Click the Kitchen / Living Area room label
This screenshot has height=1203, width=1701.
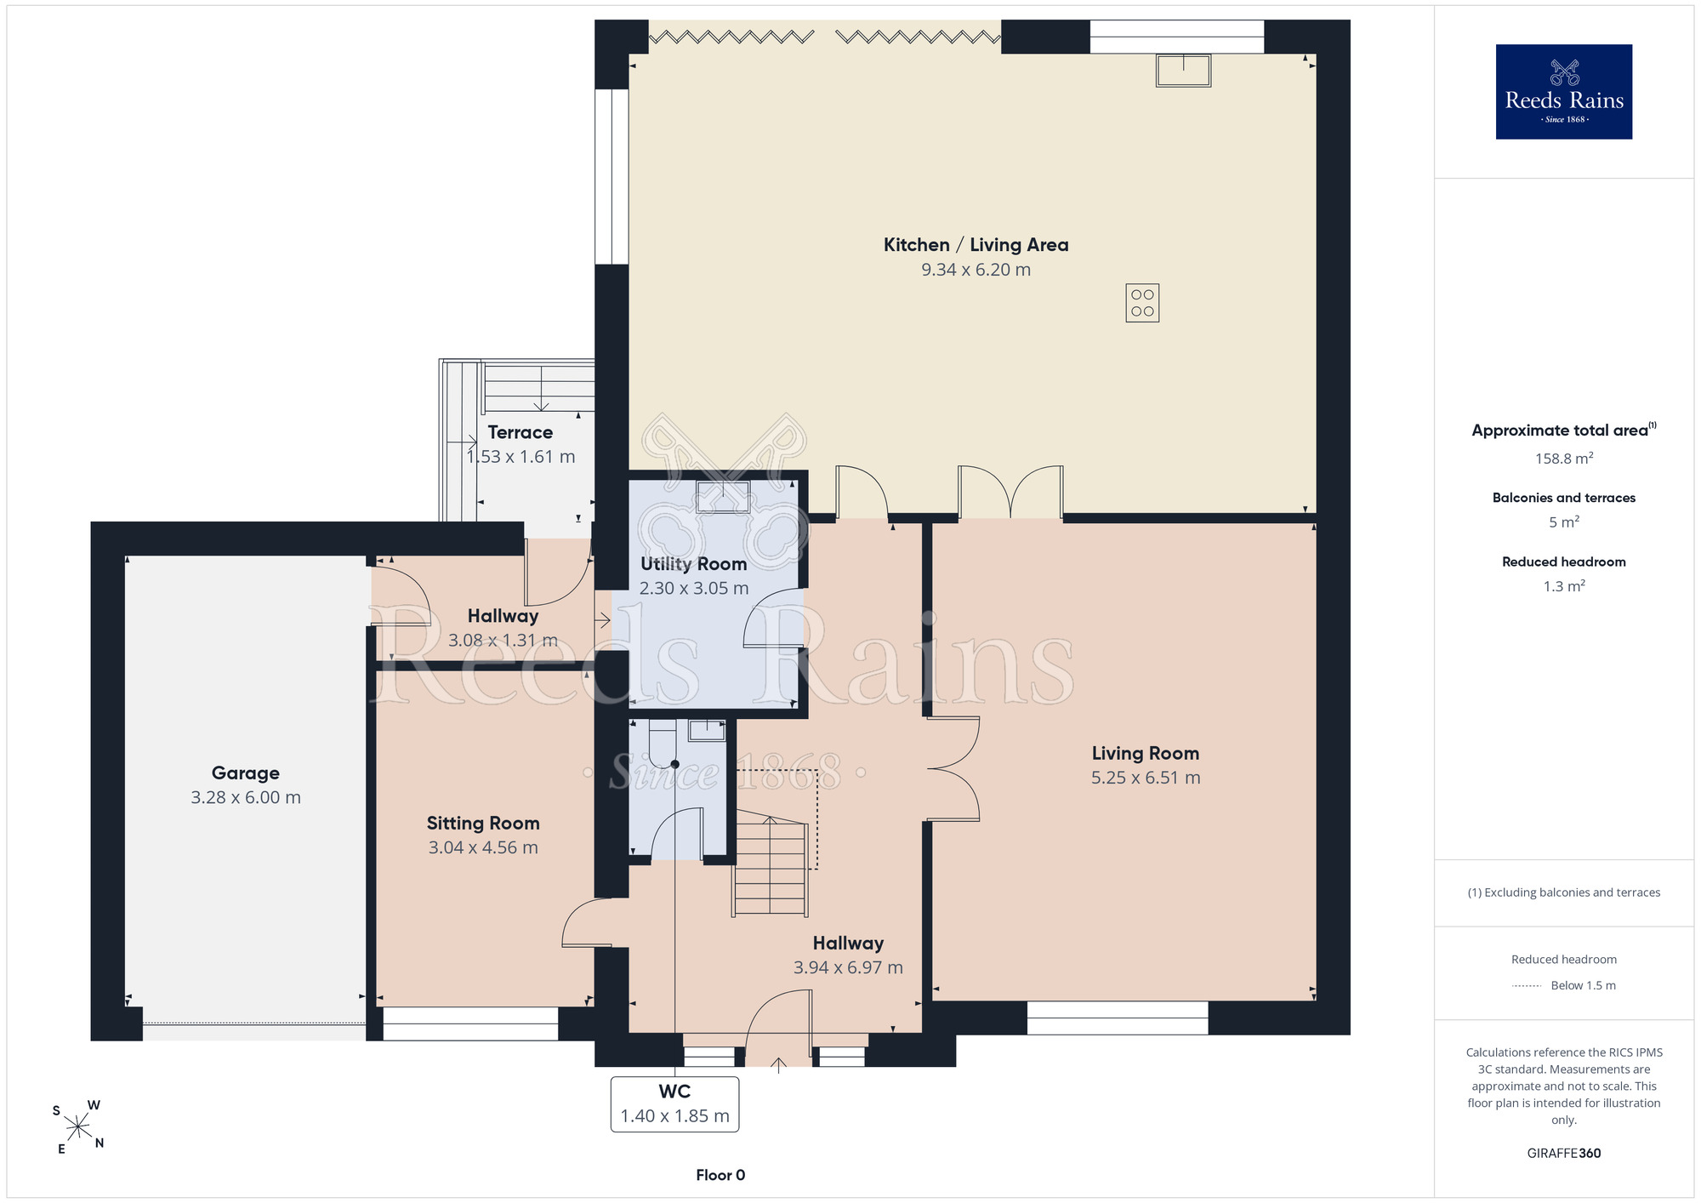(976, 245)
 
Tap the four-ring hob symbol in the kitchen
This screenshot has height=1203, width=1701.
(1142, 303)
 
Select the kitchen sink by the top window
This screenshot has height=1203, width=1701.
(1183, 71)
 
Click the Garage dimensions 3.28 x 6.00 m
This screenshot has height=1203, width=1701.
(246, 797)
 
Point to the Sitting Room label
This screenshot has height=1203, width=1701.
(483, 823)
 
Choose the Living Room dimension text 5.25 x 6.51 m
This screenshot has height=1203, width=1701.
(1146, 778)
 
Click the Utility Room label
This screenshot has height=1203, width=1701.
(693, 563)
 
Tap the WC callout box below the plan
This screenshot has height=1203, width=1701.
(674, 1104)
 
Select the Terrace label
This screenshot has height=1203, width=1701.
(521, 432)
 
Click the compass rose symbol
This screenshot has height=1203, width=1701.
(78, 1127)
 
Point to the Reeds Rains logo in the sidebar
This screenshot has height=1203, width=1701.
(1564, 92)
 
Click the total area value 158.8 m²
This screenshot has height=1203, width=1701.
(1564, 458)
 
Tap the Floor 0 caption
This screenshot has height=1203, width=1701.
(720, 1175)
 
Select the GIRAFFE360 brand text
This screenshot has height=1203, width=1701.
(1564, 1154)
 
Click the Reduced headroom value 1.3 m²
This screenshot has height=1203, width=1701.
(1564, 585)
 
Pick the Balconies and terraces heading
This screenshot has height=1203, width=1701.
(1564, 498)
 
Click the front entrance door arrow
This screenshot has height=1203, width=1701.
(779, 1064)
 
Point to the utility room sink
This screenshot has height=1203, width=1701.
(723, 497)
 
